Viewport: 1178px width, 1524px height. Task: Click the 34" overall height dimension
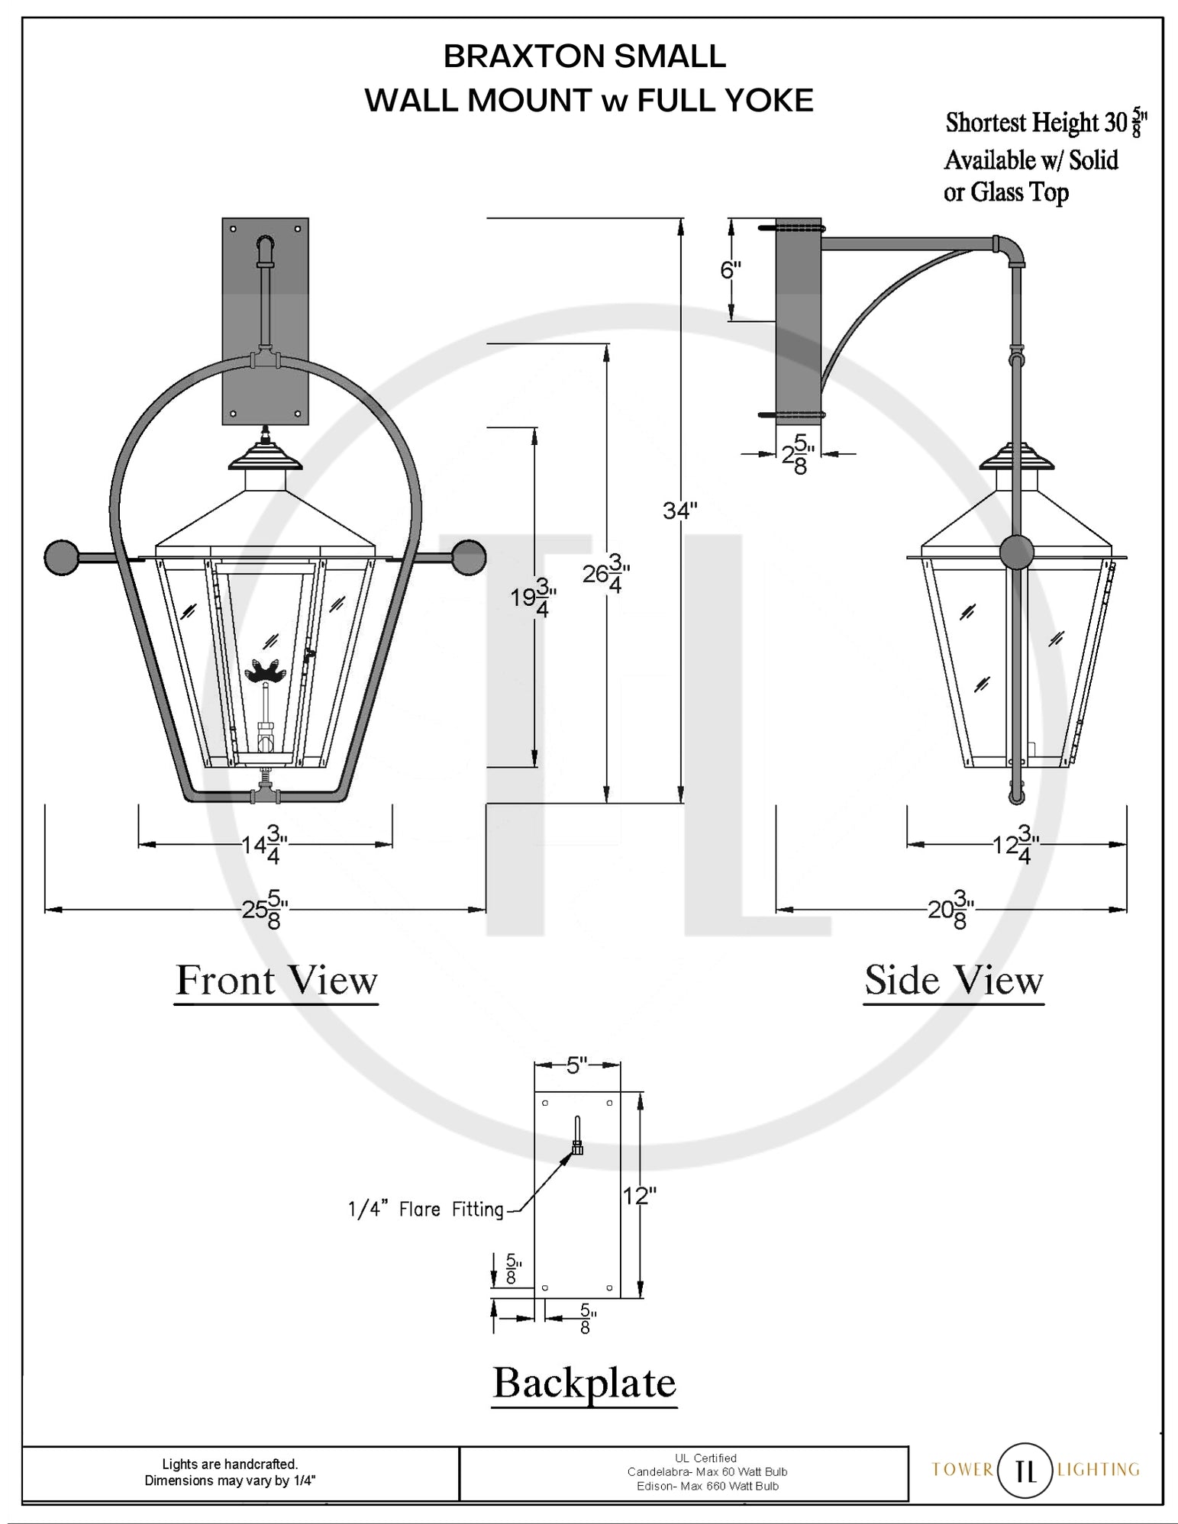679,511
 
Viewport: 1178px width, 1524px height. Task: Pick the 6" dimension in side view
731,270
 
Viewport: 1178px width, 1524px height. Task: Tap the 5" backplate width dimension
576,1065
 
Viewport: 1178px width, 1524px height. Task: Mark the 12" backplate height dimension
639,1196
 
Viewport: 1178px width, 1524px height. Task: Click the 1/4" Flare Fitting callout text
426,1210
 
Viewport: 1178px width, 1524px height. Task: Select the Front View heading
276,981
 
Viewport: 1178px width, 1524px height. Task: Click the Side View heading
954,981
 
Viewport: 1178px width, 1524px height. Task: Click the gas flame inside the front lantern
263,672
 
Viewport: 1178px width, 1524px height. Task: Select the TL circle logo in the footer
1027,1470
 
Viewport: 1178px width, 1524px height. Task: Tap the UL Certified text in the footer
706,1458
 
